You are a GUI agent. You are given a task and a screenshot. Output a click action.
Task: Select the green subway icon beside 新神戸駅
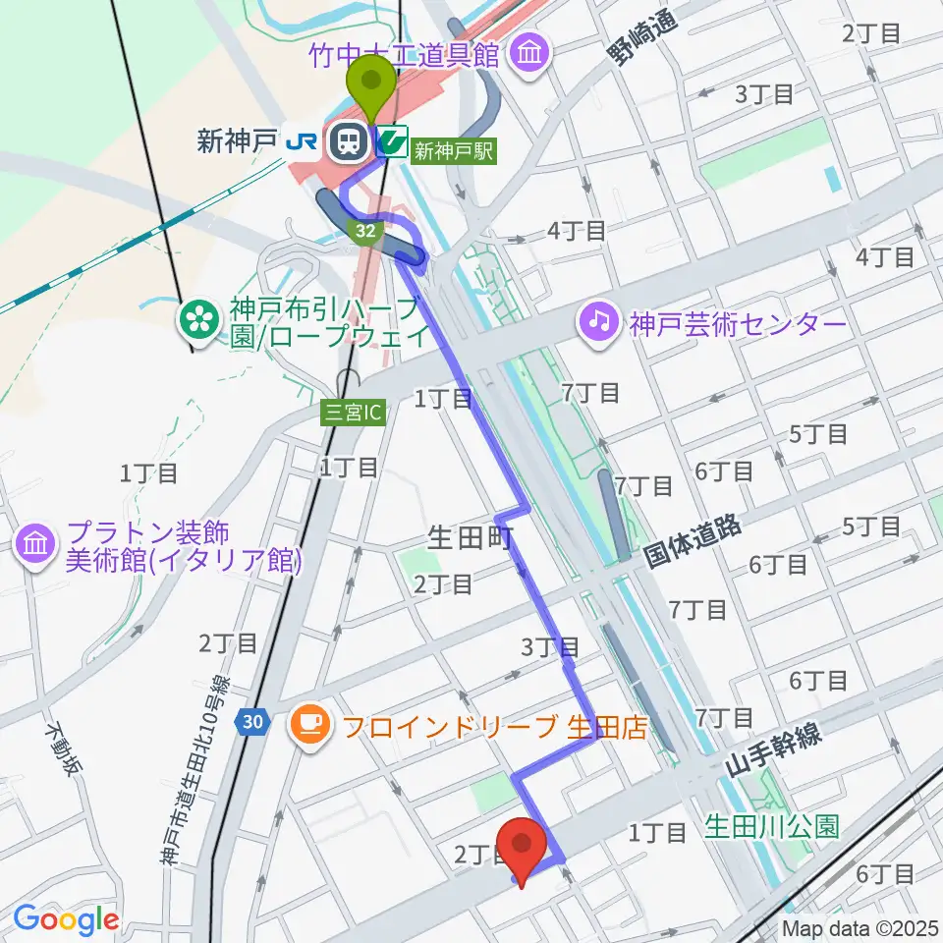393,143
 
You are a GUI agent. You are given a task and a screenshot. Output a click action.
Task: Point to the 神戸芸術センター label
737,323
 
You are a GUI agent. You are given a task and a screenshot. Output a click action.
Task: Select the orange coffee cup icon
311,725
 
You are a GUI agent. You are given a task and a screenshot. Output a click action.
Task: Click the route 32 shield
365,229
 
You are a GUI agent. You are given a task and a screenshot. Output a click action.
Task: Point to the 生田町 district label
470,538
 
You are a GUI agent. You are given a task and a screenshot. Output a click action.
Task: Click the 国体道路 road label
693,541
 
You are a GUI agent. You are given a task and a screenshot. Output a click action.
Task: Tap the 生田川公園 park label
772,828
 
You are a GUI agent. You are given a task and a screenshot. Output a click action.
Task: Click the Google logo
66,919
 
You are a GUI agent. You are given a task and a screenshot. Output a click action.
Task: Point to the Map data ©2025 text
859,927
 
